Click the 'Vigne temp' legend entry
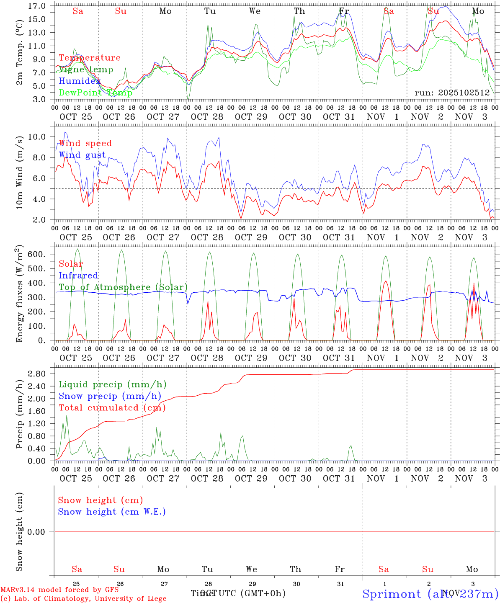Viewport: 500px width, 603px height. [86, 70]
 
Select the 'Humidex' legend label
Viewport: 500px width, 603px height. [80, 81]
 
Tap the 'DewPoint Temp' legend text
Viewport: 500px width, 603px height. [95, 93]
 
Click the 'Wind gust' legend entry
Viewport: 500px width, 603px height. [82, 155]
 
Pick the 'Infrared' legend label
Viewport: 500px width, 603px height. [78, 276]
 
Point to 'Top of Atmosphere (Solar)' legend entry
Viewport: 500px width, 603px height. [123, 287]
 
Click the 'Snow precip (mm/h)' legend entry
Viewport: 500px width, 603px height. [110, 396]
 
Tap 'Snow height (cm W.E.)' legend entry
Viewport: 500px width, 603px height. [112, 512]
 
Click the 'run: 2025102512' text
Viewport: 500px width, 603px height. [452, 93]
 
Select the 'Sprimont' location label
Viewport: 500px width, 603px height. [392, 594]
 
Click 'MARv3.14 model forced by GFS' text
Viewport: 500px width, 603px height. [59, 590]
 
